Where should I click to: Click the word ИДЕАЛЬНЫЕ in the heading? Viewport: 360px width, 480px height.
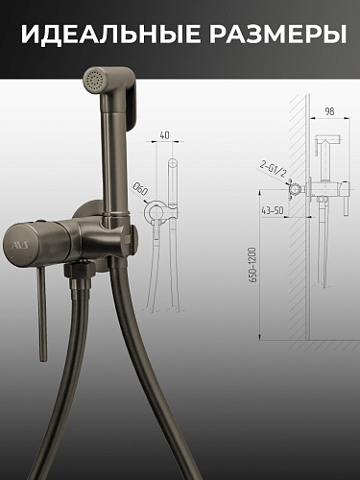(108, 34)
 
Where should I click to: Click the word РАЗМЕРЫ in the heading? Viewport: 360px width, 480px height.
(277, 34)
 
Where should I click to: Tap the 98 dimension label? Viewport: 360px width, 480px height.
(329, 111)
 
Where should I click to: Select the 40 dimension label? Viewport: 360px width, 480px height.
(164, 135)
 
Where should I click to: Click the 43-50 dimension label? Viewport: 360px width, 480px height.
(273, 211)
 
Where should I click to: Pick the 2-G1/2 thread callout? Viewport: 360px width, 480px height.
(273, 170)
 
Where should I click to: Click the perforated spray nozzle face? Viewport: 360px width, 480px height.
(93, 80)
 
